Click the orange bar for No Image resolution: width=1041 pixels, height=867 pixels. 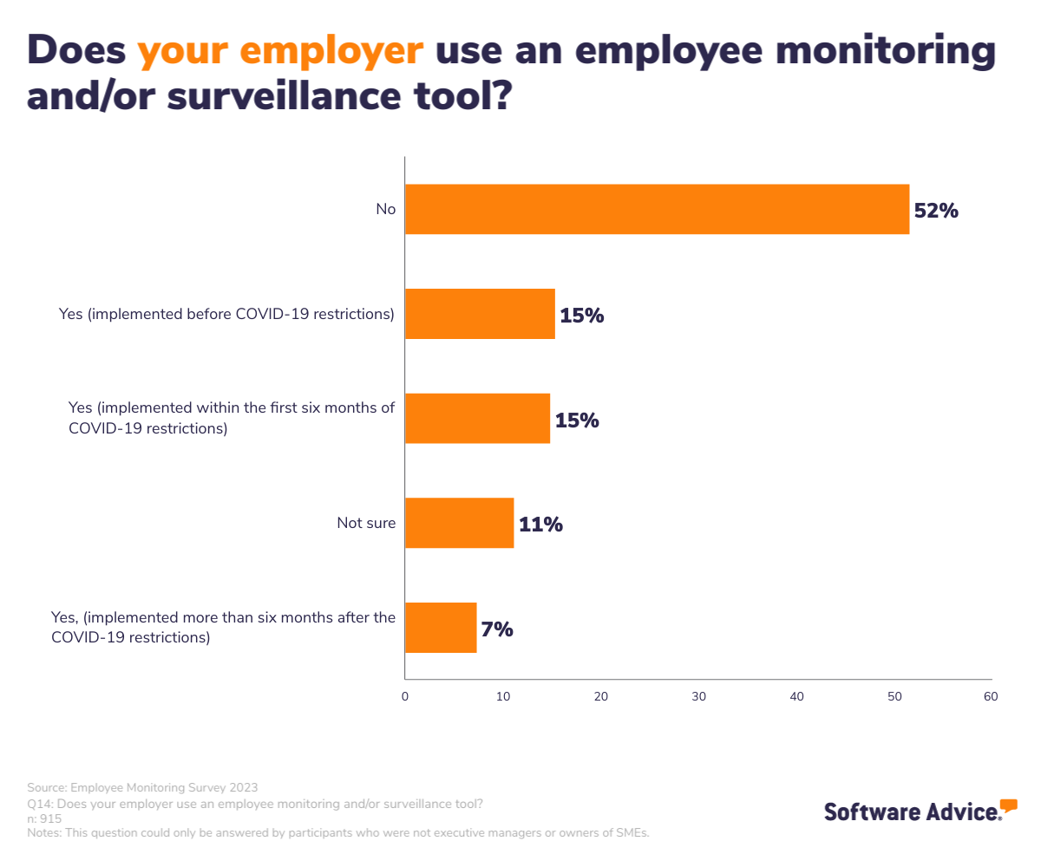click(657, 209)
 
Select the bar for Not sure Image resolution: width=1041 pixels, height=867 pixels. click(459, 523)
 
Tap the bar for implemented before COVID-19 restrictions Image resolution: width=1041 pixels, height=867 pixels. click(480, 314)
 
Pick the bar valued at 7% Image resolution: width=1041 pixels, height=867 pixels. click(441, 628)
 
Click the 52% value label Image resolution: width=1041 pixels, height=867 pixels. click(936, 211)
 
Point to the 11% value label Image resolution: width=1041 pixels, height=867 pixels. click(540, 525)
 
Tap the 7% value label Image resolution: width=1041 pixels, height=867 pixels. click(497, 629)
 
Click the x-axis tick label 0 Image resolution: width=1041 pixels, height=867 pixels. click(405, 696)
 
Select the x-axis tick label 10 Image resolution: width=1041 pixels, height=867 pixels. click(503, 696)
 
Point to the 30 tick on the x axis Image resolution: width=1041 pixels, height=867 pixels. click(698, 696)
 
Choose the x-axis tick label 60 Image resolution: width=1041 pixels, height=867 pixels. click(991, 696)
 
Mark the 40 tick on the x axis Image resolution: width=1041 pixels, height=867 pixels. click(796, 696)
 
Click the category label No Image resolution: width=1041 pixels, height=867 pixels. click(385, 209)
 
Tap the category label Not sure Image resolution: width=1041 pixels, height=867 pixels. click(366, 523)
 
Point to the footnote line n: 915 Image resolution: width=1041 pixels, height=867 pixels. click(44, 818)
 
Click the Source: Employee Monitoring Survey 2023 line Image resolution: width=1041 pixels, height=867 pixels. click(142, 787)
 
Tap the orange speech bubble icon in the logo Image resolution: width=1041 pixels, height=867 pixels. click(1008, 805)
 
